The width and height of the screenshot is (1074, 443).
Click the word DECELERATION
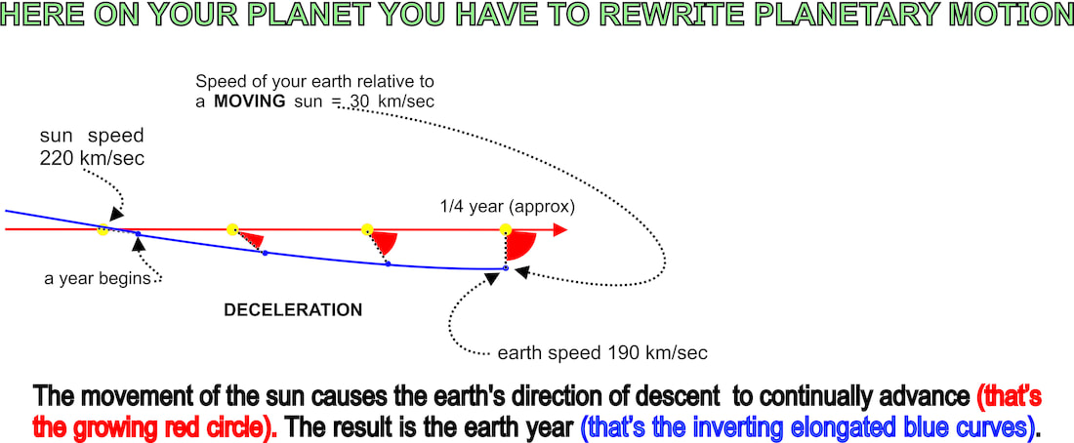click(x=293, y=310)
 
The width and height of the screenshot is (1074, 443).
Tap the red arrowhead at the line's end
click(x=560, y=229)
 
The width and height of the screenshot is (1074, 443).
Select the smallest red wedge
click(x=253, y=239)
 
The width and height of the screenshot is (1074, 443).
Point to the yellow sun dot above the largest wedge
click(x=506, y=228)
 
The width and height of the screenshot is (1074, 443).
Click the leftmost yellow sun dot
click(x=103, y=230)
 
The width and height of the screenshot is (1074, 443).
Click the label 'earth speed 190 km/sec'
click(x=602, y=353)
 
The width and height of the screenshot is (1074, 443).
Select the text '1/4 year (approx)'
click(x=508, y=207)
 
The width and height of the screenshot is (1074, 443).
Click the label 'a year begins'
click(x=98, y=279)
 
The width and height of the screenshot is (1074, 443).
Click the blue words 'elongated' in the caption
click(x=854, y=428)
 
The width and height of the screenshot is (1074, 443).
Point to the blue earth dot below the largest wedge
click(x=506, y=268)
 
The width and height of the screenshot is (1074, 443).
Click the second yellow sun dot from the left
click(x=232, y=228)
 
